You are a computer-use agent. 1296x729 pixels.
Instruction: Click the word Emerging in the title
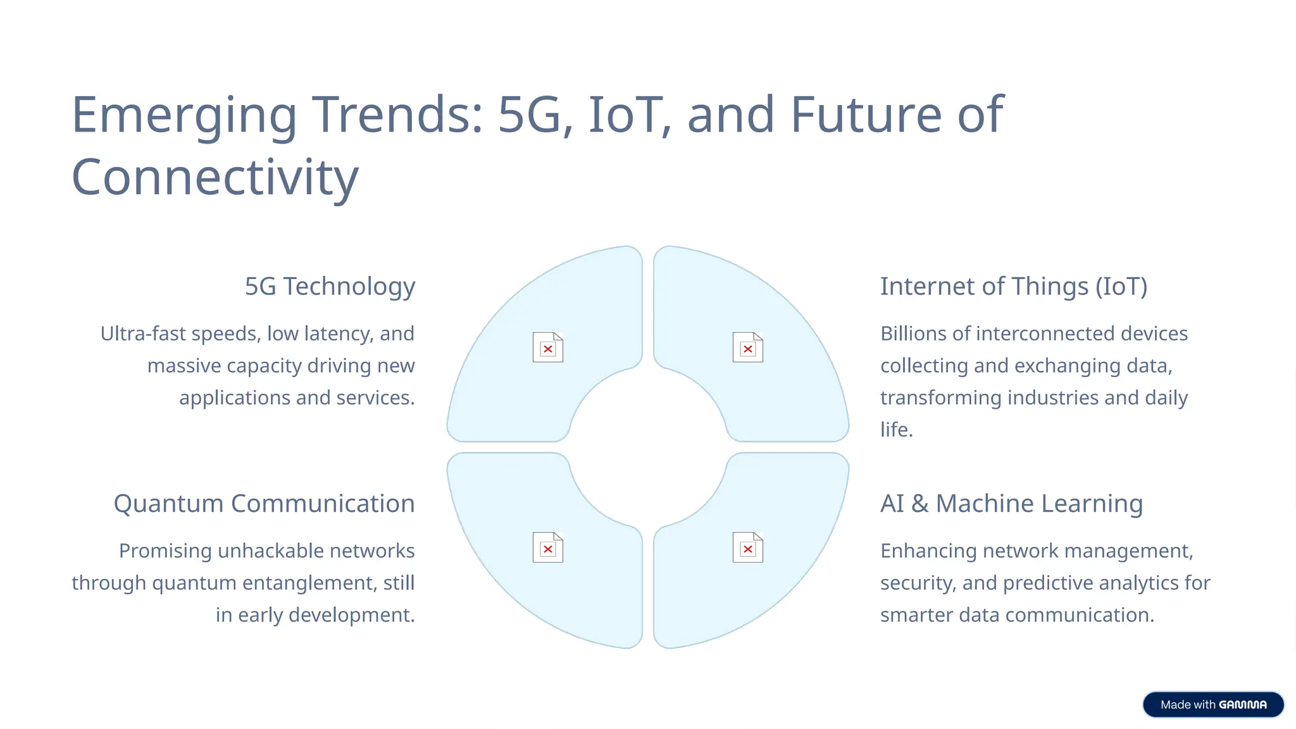(184, 115)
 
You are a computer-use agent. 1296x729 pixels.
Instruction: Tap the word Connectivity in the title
(215, 177)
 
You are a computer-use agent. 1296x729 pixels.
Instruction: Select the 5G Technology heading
(330, 286)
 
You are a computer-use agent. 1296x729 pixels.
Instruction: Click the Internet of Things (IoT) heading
(1013, 286)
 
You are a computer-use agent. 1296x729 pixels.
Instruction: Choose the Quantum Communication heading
(264, 504)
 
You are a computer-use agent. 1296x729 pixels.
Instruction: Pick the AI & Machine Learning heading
(1011, 504)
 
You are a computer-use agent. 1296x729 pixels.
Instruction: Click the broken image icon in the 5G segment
(548, 347)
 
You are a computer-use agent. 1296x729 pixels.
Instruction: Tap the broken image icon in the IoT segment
(747, 347)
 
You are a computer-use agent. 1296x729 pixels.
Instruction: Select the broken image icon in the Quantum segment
(548, 547)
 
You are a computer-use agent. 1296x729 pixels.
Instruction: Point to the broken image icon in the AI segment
(747, 547)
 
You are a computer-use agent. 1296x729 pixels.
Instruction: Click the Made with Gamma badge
(1213, 704)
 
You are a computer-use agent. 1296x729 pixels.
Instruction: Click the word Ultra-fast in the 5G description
(143, 333)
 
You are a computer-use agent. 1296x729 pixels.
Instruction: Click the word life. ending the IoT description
(896, 430)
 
